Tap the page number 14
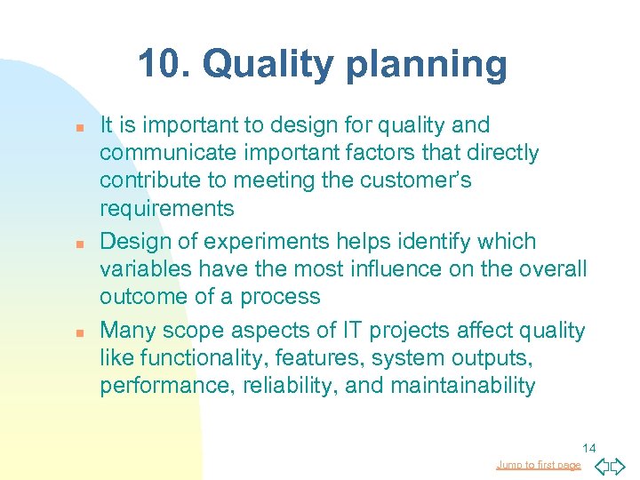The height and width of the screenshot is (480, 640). click(588, 448)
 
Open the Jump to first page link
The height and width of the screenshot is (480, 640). click(539, 465)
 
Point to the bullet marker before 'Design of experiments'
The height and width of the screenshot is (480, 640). click(80, 243)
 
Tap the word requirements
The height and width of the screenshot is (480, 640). click(167, 209)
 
